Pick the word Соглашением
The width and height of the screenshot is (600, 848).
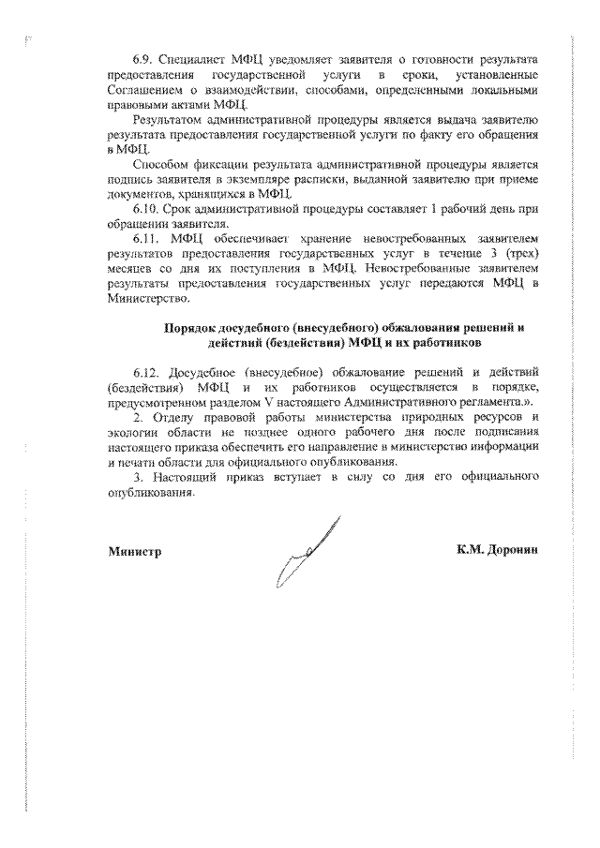144,89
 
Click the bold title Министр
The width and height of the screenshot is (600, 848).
134,551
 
